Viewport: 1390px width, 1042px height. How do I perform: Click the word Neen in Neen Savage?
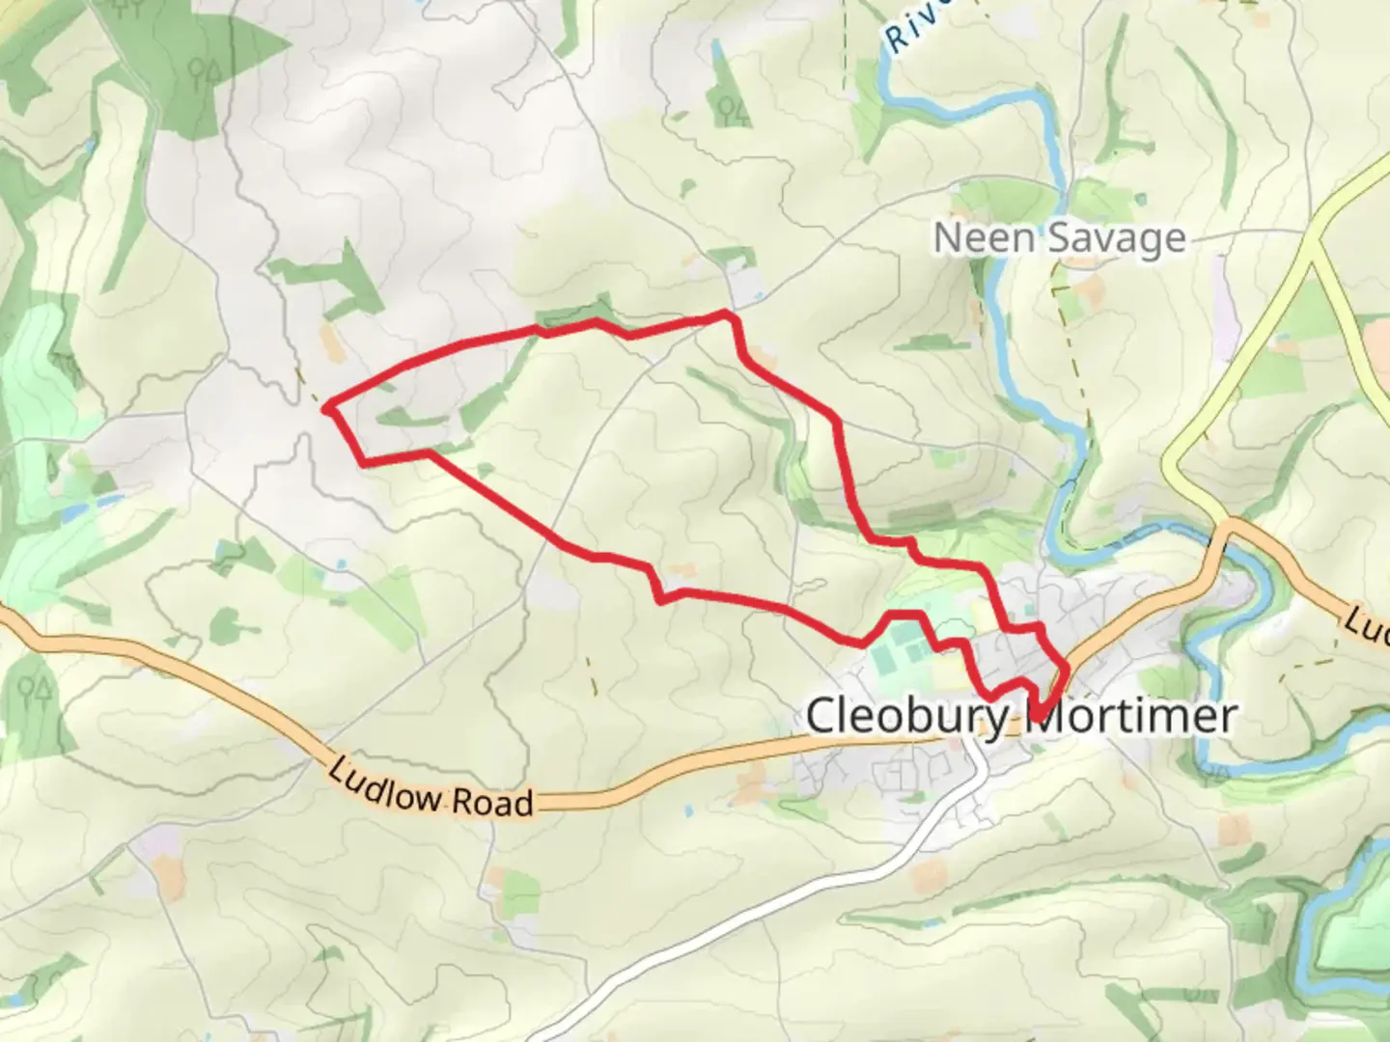point(975,238)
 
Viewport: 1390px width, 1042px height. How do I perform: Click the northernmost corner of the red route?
point(726,314)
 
